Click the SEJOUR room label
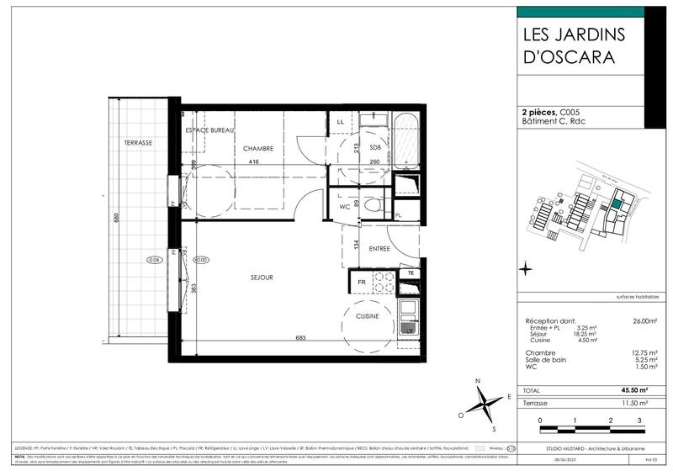261,277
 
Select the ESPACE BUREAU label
209,131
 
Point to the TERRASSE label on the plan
138,143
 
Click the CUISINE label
367,316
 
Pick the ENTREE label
379,249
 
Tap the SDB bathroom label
375,148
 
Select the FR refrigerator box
363,283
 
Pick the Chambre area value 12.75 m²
644,352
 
